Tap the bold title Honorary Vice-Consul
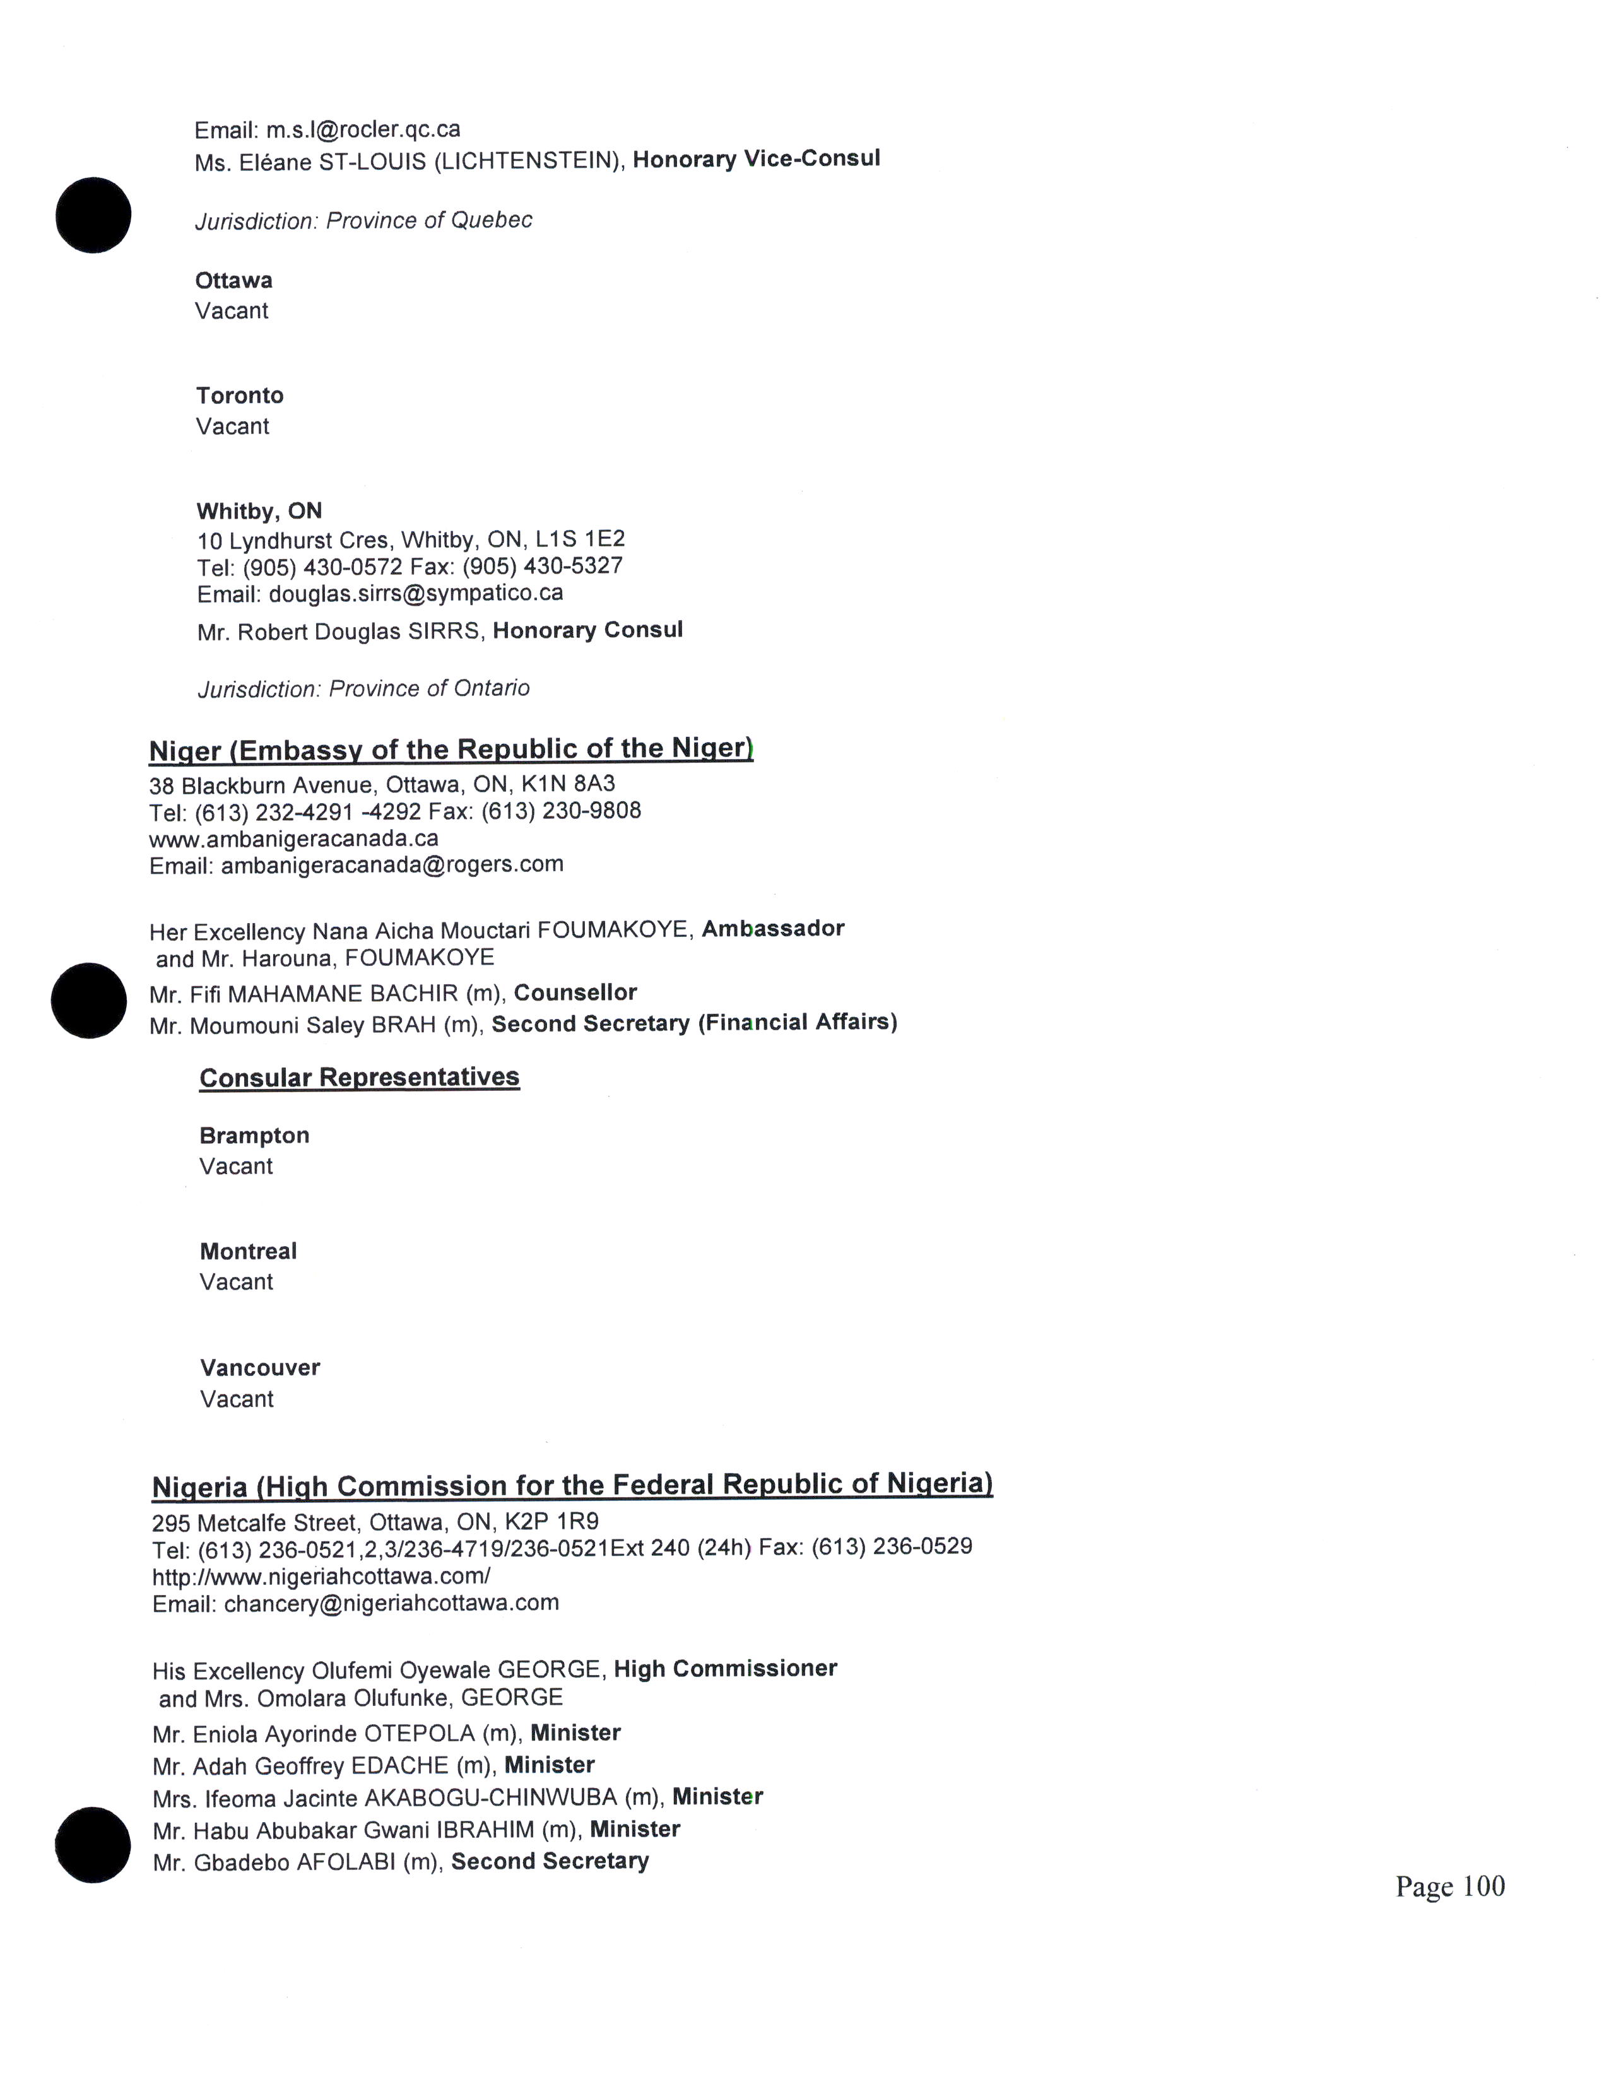point(756,158)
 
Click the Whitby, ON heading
point(259,511)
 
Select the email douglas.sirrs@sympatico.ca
point(416,593)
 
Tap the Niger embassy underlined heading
point(451,750)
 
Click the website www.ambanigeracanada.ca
point(293,838)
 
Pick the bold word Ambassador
point(773,929)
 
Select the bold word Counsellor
point(575,992)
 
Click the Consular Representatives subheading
point(360,1077)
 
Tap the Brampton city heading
point(254,1136)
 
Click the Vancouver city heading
point(260,1367)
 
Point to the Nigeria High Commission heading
point(572,1485)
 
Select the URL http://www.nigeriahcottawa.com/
point(321,1576)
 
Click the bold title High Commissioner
point(726,1668)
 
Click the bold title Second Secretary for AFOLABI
point(550,1861)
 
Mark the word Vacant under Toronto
point(233,426)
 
